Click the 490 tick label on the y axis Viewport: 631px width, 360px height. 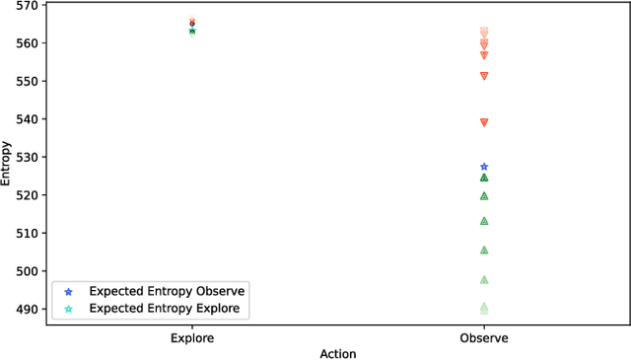click(27, 310)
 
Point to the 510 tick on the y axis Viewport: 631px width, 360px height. click(27, 234)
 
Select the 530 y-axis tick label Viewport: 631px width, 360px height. click(27, 158)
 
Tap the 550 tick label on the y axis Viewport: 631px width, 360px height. click(27, 81)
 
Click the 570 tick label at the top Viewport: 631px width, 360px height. click(27, 5)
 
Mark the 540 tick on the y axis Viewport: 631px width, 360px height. click(27, 119)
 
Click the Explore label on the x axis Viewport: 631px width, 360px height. click(192, 338)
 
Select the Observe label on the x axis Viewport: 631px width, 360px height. click(484, 338)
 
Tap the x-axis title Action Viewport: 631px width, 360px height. click(338, 353)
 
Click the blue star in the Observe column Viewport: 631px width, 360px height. click(484, 167)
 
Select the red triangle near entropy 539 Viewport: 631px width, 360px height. click(484, 122)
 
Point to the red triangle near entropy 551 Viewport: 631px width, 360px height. click(484, 76)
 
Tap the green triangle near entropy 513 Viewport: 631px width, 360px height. click(484, 221)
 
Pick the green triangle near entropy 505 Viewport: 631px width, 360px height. click(484, 251)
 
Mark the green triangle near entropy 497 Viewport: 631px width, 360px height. click(484, 280)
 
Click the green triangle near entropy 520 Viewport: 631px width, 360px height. click(484, 196)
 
